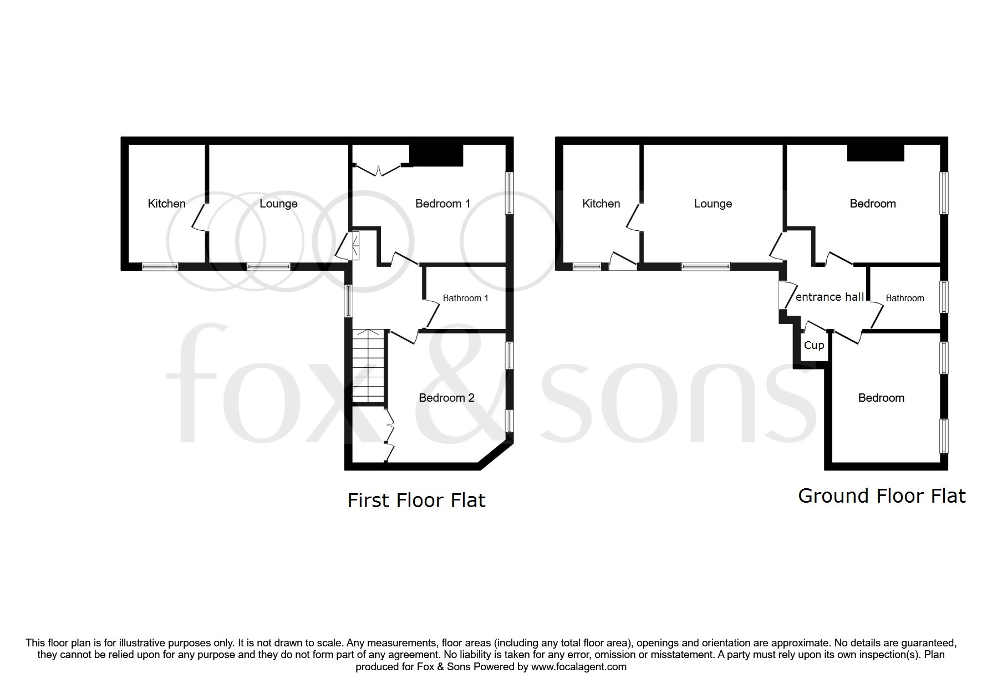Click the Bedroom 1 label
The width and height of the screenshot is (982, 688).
[442, 204]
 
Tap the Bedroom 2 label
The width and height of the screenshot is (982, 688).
[446, 398]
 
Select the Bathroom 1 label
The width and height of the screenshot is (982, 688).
[465, 299]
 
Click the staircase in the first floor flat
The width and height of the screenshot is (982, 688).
[368, 366]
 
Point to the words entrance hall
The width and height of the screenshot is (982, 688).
[830, 297]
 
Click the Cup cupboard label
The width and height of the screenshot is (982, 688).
[813, 345]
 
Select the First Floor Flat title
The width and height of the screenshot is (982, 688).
[416, 500]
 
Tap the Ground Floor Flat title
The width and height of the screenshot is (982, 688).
[882, 495]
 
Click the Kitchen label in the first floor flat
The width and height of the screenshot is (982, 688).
[166, 204]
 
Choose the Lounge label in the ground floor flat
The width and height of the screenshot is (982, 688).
[713, 204]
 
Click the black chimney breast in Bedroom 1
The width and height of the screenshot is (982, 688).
[436, 155]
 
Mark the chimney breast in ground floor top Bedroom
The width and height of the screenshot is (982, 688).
[876, 153]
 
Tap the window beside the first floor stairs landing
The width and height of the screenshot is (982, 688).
[348, 301]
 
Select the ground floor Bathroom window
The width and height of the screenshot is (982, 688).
[944, 297]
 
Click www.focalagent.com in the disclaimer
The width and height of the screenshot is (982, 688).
[578, 667]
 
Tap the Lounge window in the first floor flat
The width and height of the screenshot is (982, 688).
[268, 266]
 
